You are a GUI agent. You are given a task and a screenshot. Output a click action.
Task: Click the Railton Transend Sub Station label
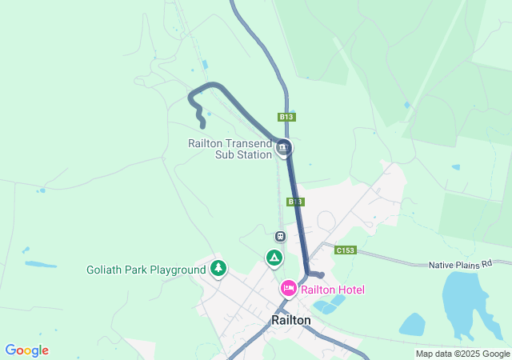pyautogui.click(x=230, y=149)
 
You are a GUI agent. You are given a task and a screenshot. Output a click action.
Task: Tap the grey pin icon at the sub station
pyautogui.click(x=283, y=148)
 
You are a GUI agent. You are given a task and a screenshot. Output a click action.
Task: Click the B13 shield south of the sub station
pyautogui.click(x=295, y=202)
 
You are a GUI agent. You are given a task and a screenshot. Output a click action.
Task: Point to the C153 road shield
pyautogui.click(x=346, y=250)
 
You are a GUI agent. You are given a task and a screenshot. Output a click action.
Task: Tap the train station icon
pyautogui.click(x=280, y=236)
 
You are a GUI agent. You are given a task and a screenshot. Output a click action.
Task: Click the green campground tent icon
pyautogui.click(x=274, y=258)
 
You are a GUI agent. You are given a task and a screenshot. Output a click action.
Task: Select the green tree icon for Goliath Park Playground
pyautogui.click(x=218, y=269)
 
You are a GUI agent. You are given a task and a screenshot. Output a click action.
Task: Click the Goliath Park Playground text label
pyautogui.click(x=146, y=270)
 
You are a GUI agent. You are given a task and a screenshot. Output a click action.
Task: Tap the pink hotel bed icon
pyautogui.click(x=288, y=288)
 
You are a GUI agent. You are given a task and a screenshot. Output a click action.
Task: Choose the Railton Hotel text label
pyautogui.click(x=333, y=290)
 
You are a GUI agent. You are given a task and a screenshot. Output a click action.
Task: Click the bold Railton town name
pyautogui.click(x=291, y=319)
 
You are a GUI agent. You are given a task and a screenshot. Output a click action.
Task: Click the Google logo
pyautogui.click(x=26, y=350)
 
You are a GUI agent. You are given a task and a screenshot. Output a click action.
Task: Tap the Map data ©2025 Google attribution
pyautogui.click(x=462, y=354)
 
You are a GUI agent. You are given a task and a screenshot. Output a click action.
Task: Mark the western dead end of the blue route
pyautogui.click(x=202, y=125)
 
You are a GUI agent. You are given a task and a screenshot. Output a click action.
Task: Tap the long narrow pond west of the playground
pyautogui.click(x=41, y=264)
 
